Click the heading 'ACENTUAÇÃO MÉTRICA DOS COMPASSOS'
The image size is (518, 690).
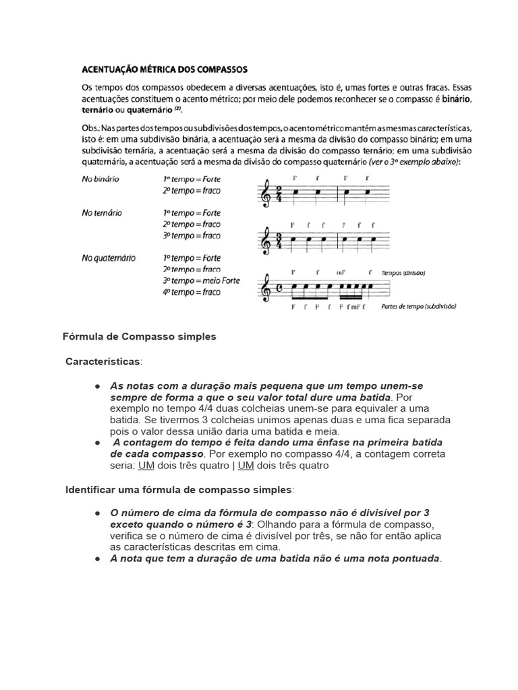[165, 69]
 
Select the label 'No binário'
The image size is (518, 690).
[100, 179]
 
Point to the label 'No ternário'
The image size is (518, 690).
[102, 212]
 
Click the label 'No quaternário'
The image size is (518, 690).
[108, 257]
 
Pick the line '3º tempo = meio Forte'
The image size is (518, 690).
[201, 280]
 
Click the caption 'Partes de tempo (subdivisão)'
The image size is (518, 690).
[418, 306]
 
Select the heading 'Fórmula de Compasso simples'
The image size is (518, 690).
[140, 336]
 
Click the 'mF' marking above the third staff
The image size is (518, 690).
[341, 273]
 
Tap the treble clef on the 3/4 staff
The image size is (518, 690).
[266, 241]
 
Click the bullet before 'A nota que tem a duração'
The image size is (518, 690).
[98, 559]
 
